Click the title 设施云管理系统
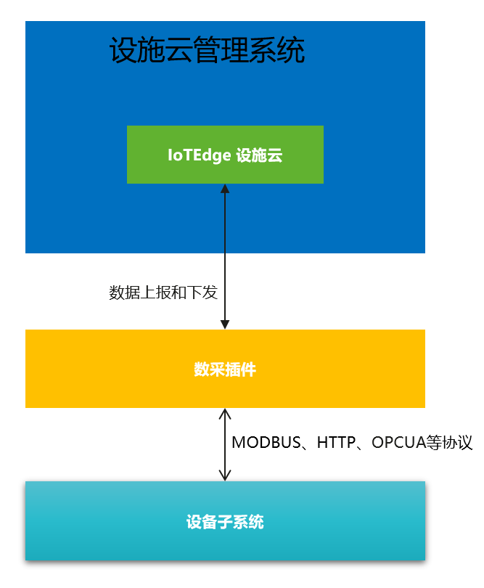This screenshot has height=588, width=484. (x=207, y=50)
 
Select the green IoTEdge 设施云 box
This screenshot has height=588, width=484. (x=225, y=155)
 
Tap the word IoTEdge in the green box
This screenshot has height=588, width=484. (x=199, y=155)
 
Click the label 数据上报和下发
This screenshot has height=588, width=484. (x=163, y=293)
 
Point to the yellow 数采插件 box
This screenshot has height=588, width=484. (x=225, y=369)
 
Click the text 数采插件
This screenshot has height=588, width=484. (x=225, y=369)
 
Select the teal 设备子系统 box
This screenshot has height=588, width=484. (x=225, y=521)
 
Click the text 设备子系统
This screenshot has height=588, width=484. (x=225, y=522)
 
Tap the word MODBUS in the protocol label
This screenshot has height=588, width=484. (x=266, y=443)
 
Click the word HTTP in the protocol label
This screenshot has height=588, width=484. (x=336, y=443)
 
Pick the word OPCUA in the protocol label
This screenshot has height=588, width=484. (x=399, y=443)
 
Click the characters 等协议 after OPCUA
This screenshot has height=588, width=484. (x=449, y=443)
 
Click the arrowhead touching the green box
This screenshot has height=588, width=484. (x=225, y=188)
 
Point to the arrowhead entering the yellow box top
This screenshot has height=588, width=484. (x=225, y=324)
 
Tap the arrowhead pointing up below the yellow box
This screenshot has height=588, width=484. (x=225, y=413)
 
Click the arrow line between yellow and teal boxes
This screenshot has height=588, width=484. (x=225, y=445)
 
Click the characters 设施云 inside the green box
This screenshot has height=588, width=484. (x=259, y=155)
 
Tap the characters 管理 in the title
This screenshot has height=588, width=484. (x=221, y=50)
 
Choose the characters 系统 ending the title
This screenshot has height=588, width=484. (x=277, y=50)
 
